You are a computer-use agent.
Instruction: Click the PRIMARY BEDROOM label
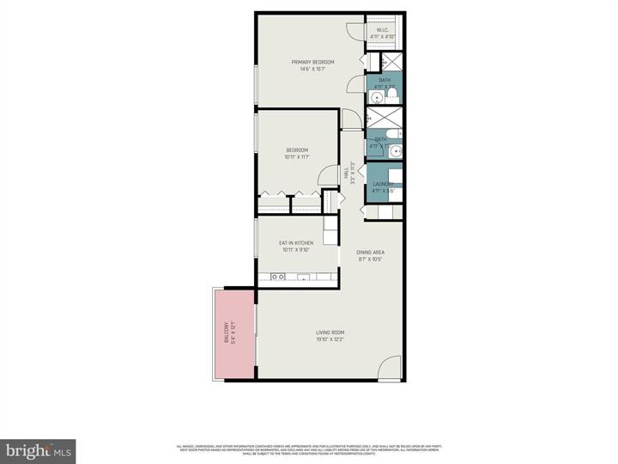[312, 62]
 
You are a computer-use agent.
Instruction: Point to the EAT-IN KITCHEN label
[295, 243]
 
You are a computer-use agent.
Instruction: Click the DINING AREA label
[370, 252]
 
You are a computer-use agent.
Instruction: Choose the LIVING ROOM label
[330, 333]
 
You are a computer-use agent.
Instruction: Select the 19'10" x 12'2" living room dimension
[330, 339]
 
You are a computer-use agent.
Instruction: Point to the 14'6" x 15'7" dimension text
[312, 69]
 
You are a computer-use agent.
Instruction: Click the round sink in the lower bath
[395, 152]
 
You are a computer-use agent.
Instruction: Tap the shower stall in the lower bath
[384, 119]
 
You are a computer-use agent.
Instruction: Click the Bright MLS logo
[38, 450]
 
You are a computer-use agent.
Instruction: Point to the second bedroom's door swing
[327, 174]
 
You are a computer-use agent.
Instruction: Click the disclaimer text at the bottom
[309, 449]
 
